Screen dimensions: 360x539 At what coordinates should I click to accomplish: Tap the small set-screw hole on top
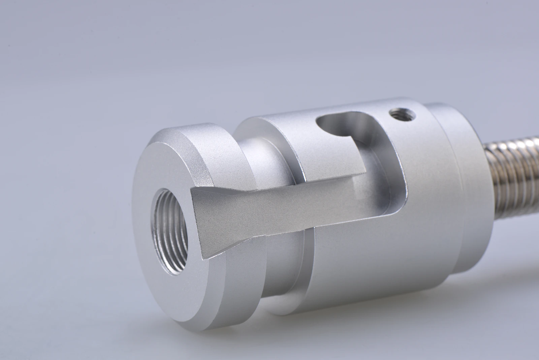pos(400,116)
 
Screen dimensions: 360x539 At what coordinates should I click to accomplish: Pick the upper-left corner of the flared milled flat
pos(191,190)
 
